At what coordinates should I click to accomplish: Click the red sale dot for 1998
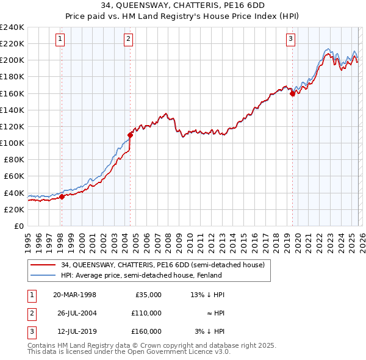click(62, 196)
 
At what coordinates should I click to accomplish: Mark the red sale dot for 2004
click(130, 135)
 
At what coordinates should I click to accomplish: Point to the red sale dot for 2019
click(292, 93)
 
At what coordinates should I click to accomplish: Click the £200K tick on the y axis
click(12, 60)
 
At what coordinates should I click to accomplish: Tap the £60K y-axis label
click(14, 176)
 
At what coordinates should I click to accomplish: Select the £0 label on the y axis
click(20, 226)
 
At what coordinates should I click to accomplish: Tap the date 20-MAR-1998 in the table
click(75, 295)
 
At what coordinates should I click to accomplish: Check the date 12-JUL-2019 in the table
click(74, 331)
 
